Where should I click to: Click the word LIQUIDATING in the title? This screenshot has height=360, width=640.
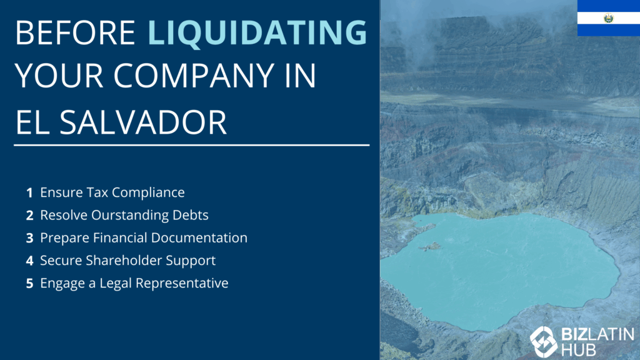tap(257, 32)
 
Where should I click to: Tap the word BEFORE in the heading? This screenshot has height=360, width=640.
tap(76, 32)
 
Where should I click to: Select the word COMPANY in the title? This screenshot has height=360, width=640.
tap(194, 76)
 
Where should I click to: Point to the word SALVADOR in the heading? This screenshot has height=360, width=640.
tap(143, 122)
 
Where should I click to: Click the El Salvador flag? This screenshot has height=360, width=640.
tap(609, 18)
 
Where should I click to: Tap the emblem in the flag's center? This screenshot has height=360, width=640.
tap(609, 18)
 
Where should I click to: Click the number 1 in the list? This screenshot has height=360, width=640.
tap(29, 192)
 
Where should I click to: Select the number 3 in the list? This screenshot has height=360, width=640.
tap(29, 238)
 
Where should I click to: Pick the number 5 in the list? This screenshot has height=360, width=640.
tap(29, 283)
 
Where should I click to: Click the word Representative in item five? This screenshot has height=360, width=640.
tap(182, 283)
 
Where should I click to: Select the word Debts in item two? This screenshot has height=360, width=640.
tap(190, 215)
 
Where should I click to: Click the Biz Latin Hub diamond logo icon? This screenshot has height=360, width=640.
tap(543, 342)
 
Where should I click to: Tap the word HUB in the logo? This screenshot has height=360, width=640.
tap(578, 350)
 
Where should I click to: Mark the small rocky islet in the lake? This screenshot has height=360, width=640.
tap(430, 246)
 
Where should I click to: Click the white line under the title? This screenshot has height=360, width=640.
tap(191, 145)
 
